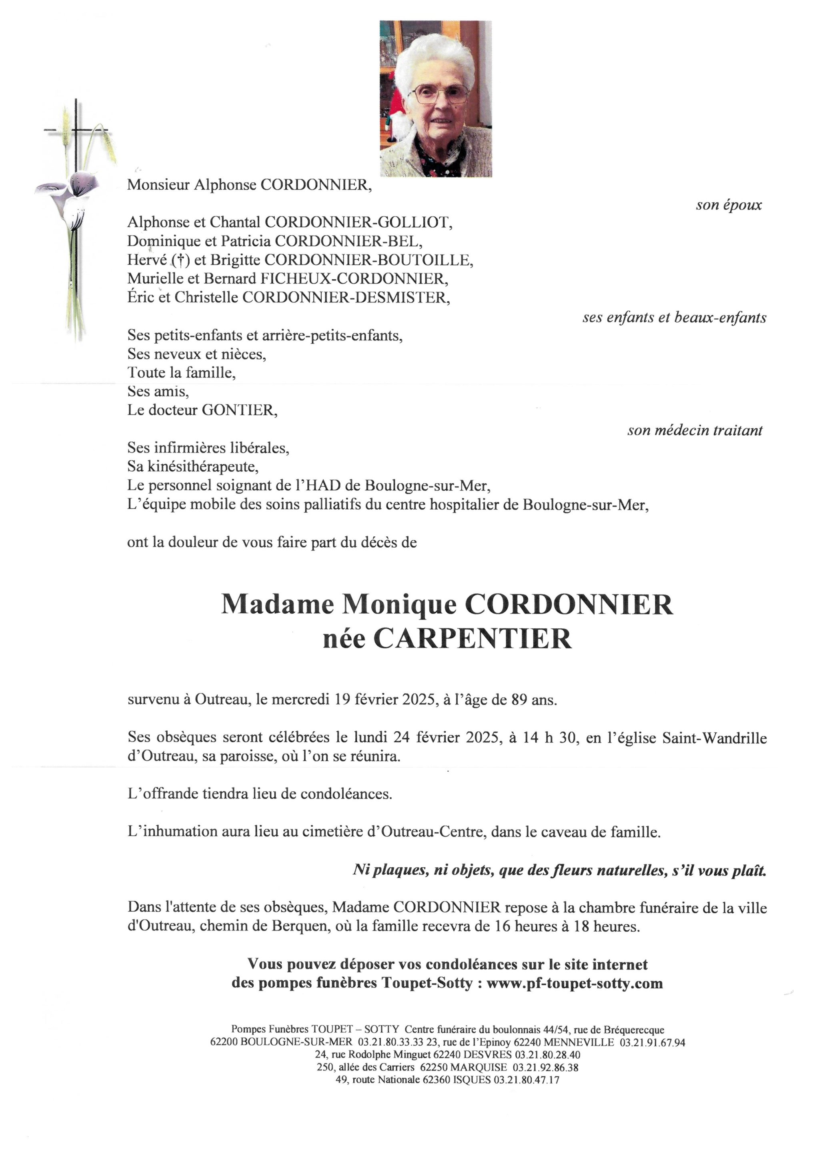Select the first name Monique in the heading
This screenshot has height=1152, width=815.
(x=399, y=604)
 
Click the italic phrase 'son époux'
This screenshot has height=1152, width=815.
(x=729, y=205)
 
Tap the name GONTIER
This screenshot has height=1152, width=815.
(x=239, y=410)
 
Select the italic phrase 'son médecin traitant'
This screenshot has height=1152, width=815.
(x=695, y=430)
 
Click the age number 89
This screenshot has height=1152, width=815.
(x=519, y=700)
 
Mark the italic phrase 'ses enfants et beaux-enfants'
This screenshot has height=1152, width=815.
(x=675, y=318)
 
